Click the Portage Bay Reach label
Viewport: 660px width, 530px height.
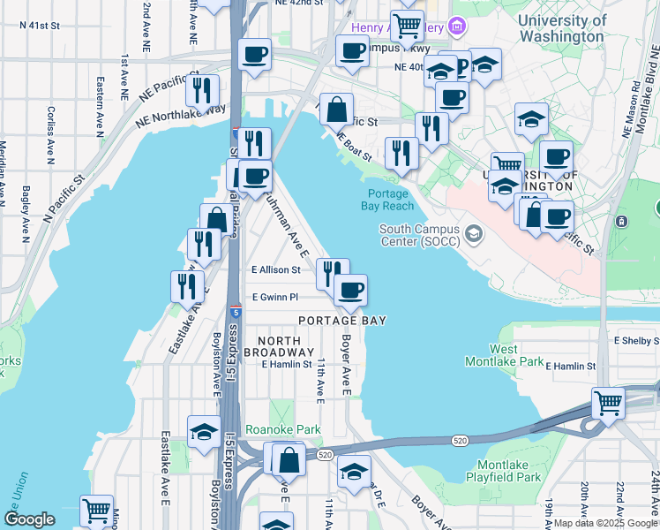386,200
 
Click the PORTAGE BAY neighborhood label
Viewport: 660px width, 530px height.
341,321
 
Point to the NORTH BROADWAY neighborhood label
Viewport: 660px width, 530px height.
279,346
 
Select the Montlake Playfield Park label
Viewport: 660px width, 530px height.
508,471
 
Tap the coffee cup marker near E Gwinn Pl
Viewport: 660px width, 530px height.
350,290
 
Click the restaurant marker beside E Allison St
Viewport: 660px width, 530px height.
332,274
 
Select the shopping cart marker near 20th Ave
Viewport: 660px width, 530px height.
609,404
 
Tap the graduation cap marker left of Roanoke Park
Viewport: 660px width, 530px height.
204,433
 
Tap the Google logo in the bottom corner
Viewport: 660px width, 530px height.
29,519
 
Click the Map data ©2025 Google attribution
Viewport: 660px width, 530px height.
606,523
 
